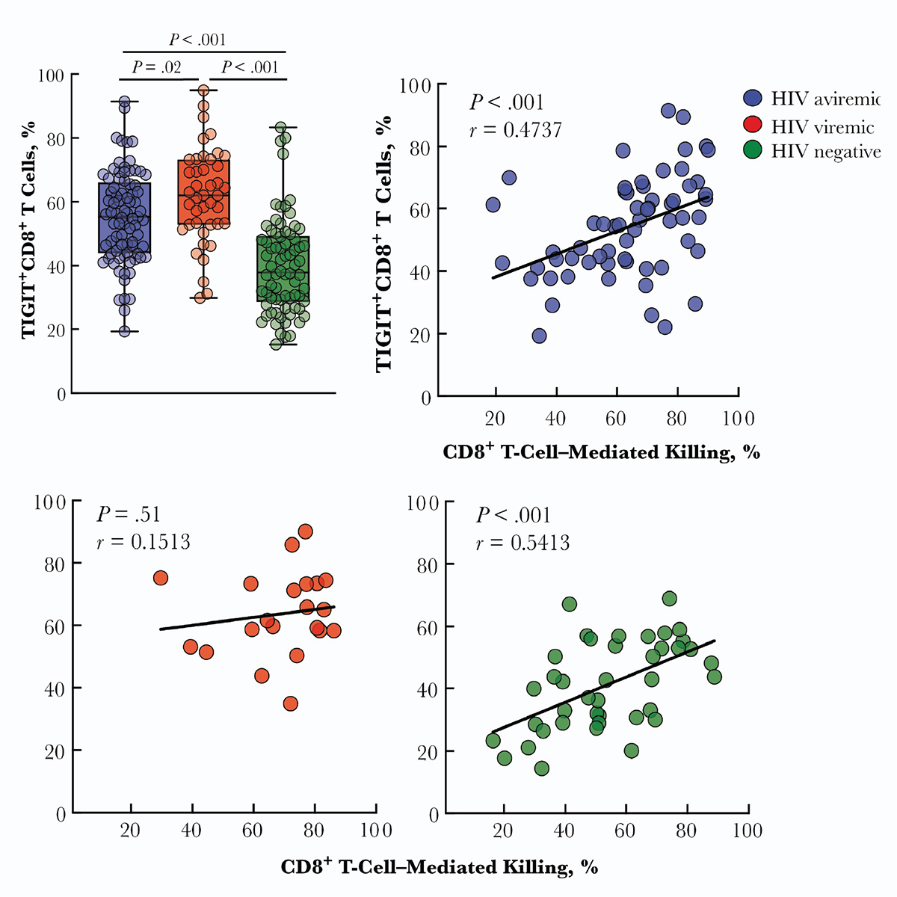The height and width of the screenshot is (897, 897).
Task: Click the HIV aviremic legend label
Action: [x=825, y=100]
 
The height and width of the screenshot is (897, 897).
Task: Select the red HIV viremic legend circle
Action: [x=753, y=125]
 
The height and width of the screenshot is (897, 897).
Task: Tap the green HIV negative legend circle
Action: [x=753, y=151]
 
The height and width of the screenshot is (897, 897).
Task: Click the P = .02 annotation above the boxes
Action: [x=157, y=67]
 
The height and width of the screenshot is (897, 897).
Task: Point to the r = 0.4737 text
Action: [x=515, y=131]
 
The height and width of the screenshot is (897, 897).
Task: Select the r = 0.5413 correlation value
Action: [x=523, y=542]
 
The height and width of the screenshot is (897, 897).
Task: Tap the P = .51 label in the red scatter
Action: [x=128, y=514]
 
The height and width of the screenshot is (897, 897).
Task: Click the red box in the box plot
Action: [x=203, y=191]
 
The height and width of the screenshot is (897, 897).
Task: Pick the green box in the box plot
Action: [x=283, y=269]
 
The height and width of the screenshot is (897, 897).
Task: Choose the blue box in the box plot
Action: [x=124, y=218]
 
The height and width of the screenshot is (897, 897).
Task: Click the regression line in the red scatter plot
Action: [x=247, y=618]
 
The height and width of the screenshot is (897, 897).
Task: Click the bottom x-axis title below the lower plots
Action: [x=440, y=867]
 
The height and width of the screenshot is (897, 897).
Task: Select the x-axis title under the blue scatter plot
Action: [x=601, y=451]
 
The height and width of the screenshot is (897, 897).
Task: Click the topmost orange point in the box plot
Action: [x=203, y=91]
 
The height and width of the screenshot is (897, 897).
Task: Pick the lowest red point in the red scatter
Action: [x=291, y=703]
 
